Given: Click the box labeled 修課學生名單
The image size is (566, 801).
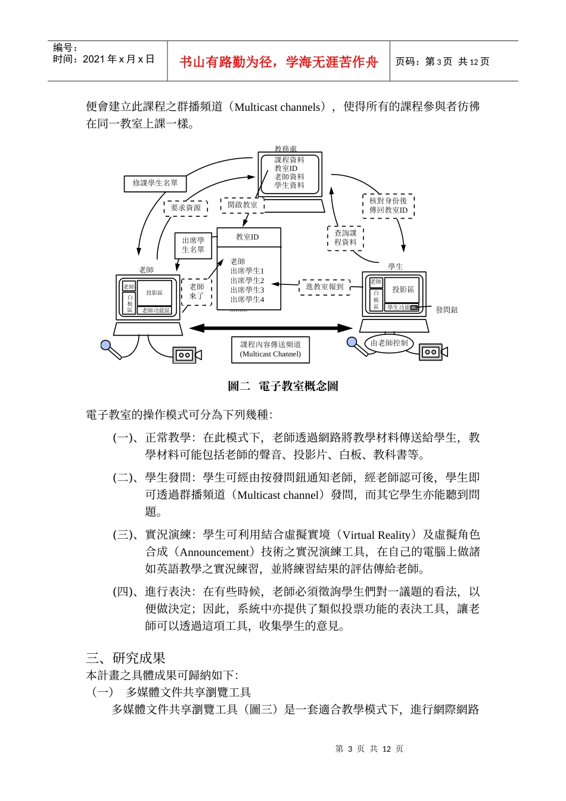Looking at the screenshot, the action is click(x=155, y=183).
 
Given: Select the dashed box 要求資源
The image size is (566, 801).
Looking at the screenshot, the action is click(x=185, y=208).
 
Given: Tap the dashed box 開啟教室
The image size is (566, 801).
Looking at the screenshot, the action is click(x=242, y=205).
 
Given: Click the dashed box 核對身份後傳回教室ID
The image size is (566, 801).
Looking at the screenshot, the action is click(x=388, y=206).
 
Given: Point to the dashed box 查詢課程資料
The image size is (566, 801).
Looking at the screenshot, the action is click(x=345, y=238).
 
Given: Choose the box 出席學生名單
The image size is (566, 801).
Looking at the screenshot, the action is click(x=193, y=245).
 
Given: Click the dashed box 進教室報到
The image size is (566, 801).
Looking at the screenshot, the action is click(x=325, y=287).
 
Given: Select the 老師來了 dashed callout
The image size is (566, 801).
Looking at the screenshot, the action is click(x=197, y=291).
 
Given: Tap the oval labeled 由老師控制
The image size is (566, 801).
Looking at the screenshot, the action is click(x=389, y=343).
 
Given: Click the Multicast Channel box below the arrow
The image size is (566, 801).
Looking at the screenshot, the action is click(x=270, y=349).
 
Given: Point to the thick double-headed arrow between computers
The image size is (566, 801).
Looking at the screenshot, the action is click(x=270, y=328).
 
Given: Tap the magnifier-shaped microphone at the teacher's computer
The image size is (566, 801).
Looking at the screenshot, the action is click(x=111, y=349).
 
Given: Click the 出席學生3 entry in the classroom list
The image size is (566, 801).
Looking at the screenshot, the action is click(x=247, y=290).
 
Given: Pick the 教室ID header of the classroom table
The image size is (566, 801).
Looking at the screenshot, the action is click(x=248, y=237).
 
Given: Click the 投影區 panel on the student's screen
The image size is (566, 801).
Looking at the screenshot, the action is click(x=403, y=290).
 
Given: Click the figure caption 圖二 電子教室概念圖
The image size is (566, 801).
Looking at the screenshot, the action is click(x=283, y=386).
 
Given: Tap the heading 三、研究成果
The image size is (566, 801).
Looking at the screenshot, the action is click(x=126, y=658).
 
